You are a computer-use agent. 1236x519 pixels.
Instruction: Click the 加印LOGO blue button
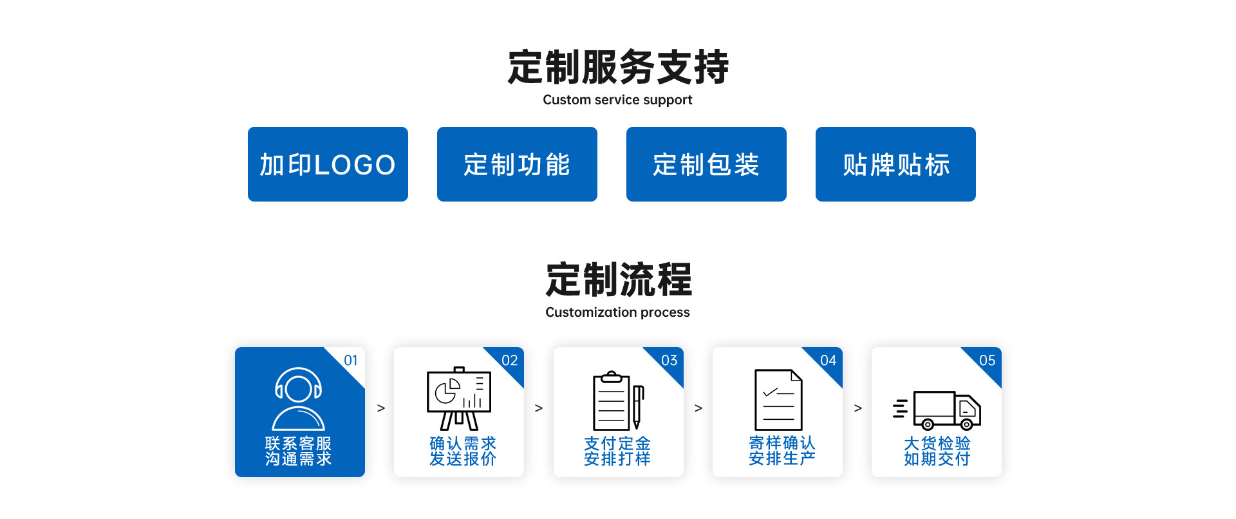[x=328, y=164]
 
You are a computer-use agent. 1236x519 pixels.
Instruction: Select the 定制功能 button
[x=517, y=164]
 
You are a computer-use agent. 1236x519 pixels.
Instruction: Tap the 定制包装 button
[x=706, y=164]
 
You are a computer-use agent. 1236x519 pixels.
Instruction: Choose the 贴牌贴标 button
[x=895, y=164]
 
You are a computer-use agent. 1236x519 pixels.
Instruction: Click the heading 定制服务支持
[x=618, y=68]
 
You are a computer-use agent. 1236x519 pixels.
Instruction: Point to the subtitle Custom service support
[x=617, y=100]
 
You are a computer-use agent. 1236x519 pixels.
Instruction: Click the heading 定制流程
[x=618, y=280]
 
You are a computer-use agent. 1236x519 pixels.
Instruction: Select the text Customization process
[x=617, y=312]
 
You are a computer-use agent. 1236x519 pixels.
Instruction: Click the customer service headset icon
[x=299, y=399]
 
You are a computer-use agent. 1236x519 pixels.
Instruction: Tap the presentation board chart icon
[x=459, y=399]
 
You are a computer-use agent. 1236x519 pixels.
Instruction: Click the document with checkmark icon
[x=778, y=400]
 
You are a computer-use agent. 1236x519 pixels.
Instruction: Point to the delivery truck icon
[x=938, y=410]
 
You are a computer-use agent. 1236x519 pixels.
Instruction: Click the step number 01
[x=351, y=361]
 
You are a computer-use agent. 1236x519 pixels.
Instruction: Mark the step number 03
[x=669, y=361]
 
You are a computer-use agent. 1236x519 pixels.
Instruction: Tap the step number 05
[x=987, y=361]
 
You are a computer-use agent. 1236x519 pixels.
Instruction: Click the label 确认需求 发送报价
[x=463, y=451]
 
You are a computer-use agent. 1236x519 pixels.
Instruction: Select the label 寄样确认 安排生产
[x=782, y=451]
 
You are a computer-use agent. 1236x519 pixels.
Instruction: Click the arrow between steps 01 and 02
[x=381, y=408]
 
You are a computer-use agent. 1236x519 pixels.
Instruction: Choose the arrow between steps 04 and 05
[x=857, y=408]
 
